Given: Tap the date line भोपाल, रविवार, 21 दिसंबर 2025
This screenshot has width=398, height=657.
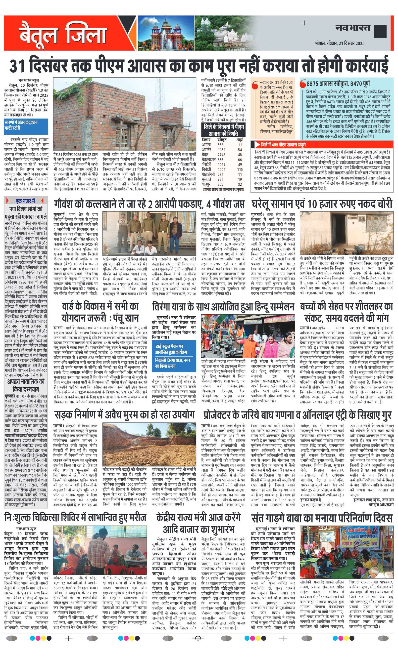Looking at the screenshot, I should pyautogui.click(x=340, y=43).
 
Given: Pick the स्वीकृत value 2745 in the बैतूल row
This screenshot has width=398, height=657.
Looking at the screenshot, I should pyautogui.click(x=221, y=155).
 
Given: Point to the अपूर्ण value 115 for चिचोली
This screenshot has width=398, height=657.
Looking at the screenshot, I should pyautogui.click(x=240, y=169).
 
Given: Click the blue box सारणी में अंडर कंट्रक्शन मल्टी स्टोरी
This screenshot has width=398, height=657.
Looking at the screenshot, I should pyautogui.click(x=26, y=125).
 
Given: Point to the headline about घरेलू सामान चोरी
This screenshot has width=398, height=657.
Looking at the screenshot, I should pyautogui.click(x=322, y=204).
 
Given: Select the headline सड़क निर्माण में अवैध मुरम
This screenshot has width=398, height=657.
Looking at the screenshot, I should pyautogui.click(x=124, y=415).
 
